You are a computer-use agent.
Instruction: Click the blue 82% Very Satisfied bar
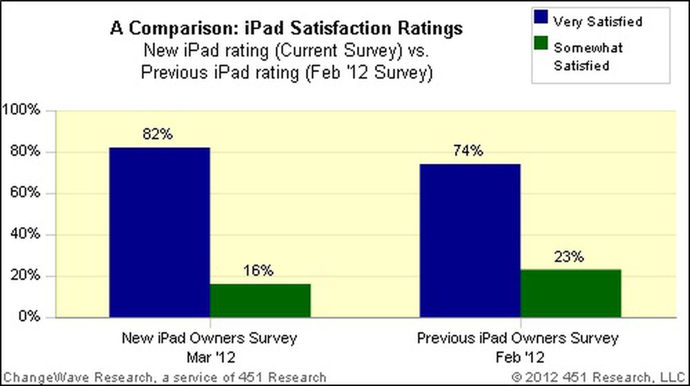tap(160, 233)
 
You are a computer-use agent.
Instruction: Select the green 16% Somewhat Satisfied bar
tap(260, 301)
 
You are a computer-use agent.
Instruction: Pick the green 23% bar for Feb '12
tap(571, 293)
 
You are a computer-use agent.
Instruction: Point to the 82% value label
tap(158, 134)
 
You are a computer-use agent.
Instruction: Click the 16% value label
tap(258, 271)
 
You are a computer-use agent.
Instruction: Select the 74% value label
tap(468, 151)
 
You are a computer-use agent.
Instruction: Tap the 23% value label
tap(569, 257)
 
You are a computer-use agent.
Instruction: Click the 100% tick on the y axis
tap(22, 110)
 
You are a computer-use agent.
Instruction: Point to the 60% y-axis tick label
tap(25, 192)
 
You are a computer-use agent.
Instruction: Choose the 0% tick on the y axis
tap(29, 316)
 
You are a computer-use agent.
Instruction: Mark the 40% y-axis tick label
tap(25, 233)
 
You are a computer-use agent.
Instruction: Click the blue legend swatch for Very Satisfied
tap(541, 17)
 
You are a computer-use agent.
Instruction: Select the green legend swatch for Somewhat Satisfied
tap(541, 43)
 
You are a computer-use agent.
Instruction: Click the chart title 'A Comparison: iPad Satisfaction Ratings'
tap(286, 28)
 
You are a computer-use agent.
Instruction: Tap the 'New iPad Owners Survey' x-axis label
tap(210, 338)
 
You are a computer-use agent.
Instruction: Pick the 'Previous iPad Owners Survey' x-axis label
tap(517, 338)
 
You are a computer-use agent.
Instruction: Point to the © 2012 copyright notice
tap(598, 377)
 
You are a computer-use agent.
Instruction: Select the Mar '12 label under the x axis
tap(211, 357)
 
